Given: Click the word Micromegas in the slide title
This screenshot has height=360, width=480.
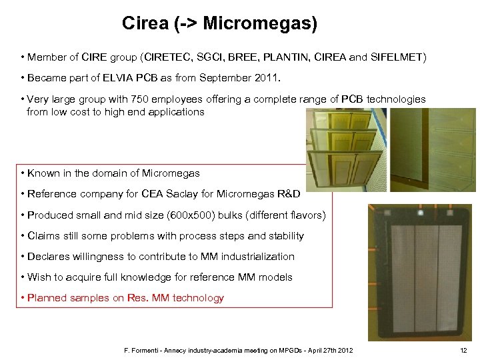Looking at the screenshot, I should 256,24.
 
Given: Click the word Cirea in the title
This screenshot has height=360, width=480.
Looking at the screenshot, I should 145,24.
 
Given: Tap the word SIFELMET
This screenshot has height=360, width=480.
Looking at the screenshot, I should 397,57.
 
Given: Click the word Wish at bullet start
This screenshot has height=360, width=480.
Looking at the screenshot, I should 39,277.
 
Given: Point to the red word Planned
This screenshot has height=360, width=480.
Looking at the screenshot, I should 47,298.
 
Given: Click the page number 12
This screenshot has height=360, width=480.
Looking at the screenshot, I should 464,351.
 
